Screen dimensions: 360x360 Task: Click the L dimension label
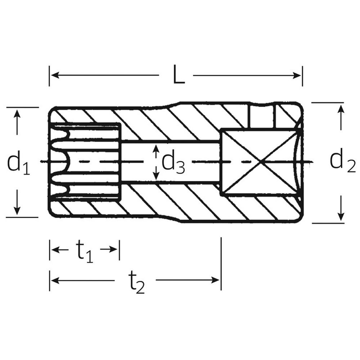point(179,74)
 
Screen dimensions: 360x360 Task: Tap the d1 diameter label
point(19,163)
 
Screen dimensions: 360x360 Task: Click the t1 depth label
point(85,251)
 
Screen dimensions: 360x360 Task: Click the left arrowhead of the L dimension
point(55,75)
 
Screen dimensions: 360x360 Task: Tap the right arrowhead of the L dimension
point(296,75)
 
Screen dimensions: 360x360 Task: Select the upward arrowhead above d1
point(17,114)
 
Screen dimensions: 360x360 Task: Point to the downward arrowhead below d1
point(17,210)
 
